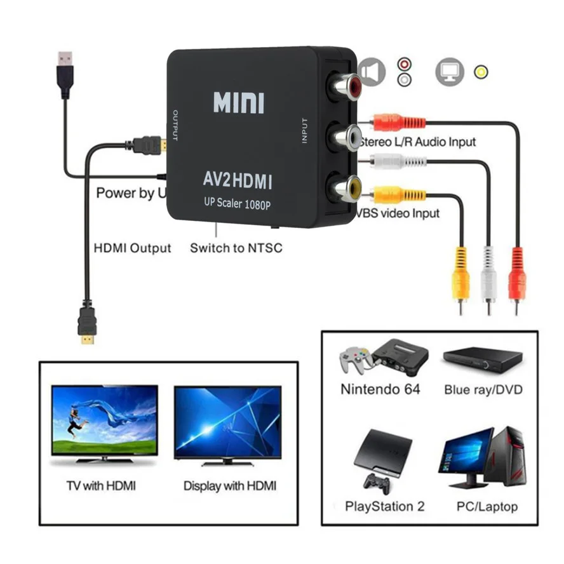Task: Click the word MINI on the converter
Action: point(238,102)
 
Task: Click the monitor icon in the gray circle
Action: point(450,72)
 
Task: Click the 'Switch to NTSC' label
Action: point(236,248)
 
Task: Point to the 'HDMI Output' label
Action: point(133,248)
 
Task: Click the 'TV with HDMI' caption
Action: point(101,486)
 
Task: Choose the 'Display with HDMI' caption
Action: point(230,486)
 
